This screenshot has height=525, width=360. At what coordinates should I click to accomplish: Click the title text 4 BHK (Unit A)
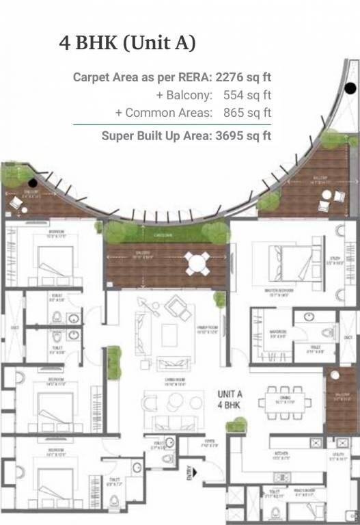[128, 43]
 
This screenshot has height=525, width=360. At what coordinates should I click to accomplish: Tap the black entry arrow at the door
[196, 472]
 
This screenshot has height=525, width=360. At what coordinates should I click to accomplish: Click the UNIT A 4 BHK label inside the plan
[231, 400]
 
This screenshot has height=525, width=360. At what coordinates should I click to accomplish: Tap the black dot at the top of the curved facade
[350, 87]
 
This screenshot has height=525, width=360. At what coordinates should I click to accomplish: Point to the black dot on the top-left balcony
[32, 183]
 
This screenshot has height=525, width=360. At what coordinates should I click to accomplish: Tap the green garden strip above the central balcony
[163, 233]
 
